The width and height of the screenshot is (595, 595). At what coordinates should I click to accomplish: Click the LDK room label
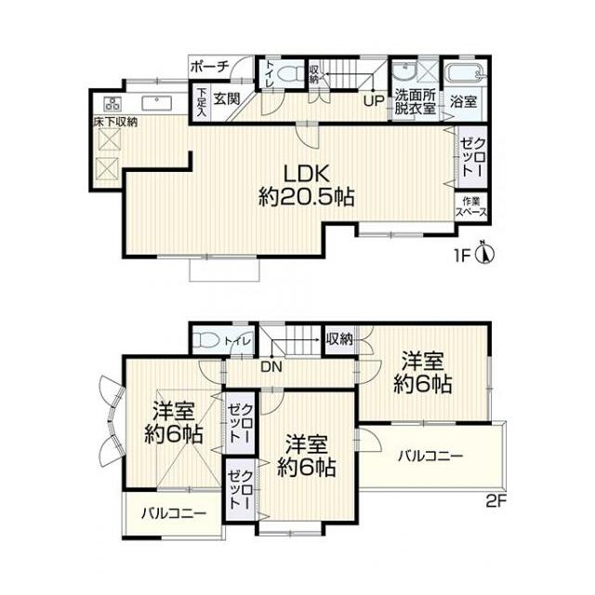[307, 175]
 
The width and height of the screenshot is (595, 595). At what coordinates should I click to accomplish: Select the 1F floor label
[462, 257]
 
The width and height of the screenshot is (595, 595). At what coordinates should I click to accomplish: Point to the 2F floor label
[496, 502]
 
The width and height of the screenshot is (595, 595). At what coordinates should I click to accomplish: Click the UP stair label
[374, 101]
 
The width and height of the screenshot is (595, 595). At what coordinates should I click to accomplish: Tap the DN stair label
[271, 366]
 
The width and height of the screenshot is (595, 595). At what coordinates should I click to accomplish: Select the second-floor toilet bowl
[205, 340]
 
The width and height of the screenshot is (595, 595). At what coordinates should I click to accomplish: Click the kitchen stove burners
[112, 102]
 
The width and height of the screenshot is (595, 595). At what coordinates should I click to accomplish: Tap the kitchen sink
[157, 103]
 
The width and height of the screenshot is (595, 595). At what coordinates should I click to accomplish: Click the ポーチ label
[209, 67]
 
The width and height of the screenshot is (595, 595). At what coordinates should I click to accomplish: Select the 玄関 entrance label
[226, 99]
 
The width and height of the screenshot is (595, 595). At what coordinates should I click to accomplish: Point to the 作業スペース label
[471, 206]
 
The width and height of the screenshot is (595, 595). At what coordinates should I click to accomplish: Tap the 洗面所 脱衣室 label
[415, 101]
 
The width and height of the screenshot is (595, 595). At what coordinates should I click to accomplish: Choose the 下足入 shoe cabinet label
[201, 102]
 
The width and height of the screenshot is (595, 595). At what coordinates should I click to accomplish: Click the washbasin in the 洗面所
[405, 72]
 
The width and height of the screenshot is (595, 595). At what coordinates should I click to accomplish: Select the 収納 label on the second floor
[339, 338]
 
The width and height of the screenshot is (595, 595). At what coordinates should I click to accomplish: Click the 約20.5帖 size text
[307, 197]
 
